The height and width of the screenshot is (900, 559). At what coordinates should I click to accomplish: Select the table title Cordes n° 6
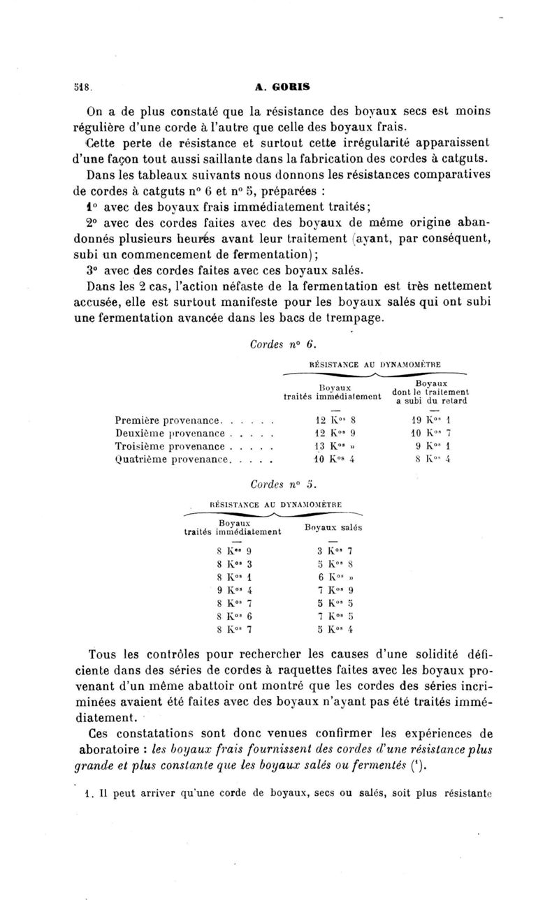coord(273,344)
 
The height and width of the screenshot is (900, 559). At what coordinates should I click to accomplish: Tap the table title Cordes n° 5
coord(273,482)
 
